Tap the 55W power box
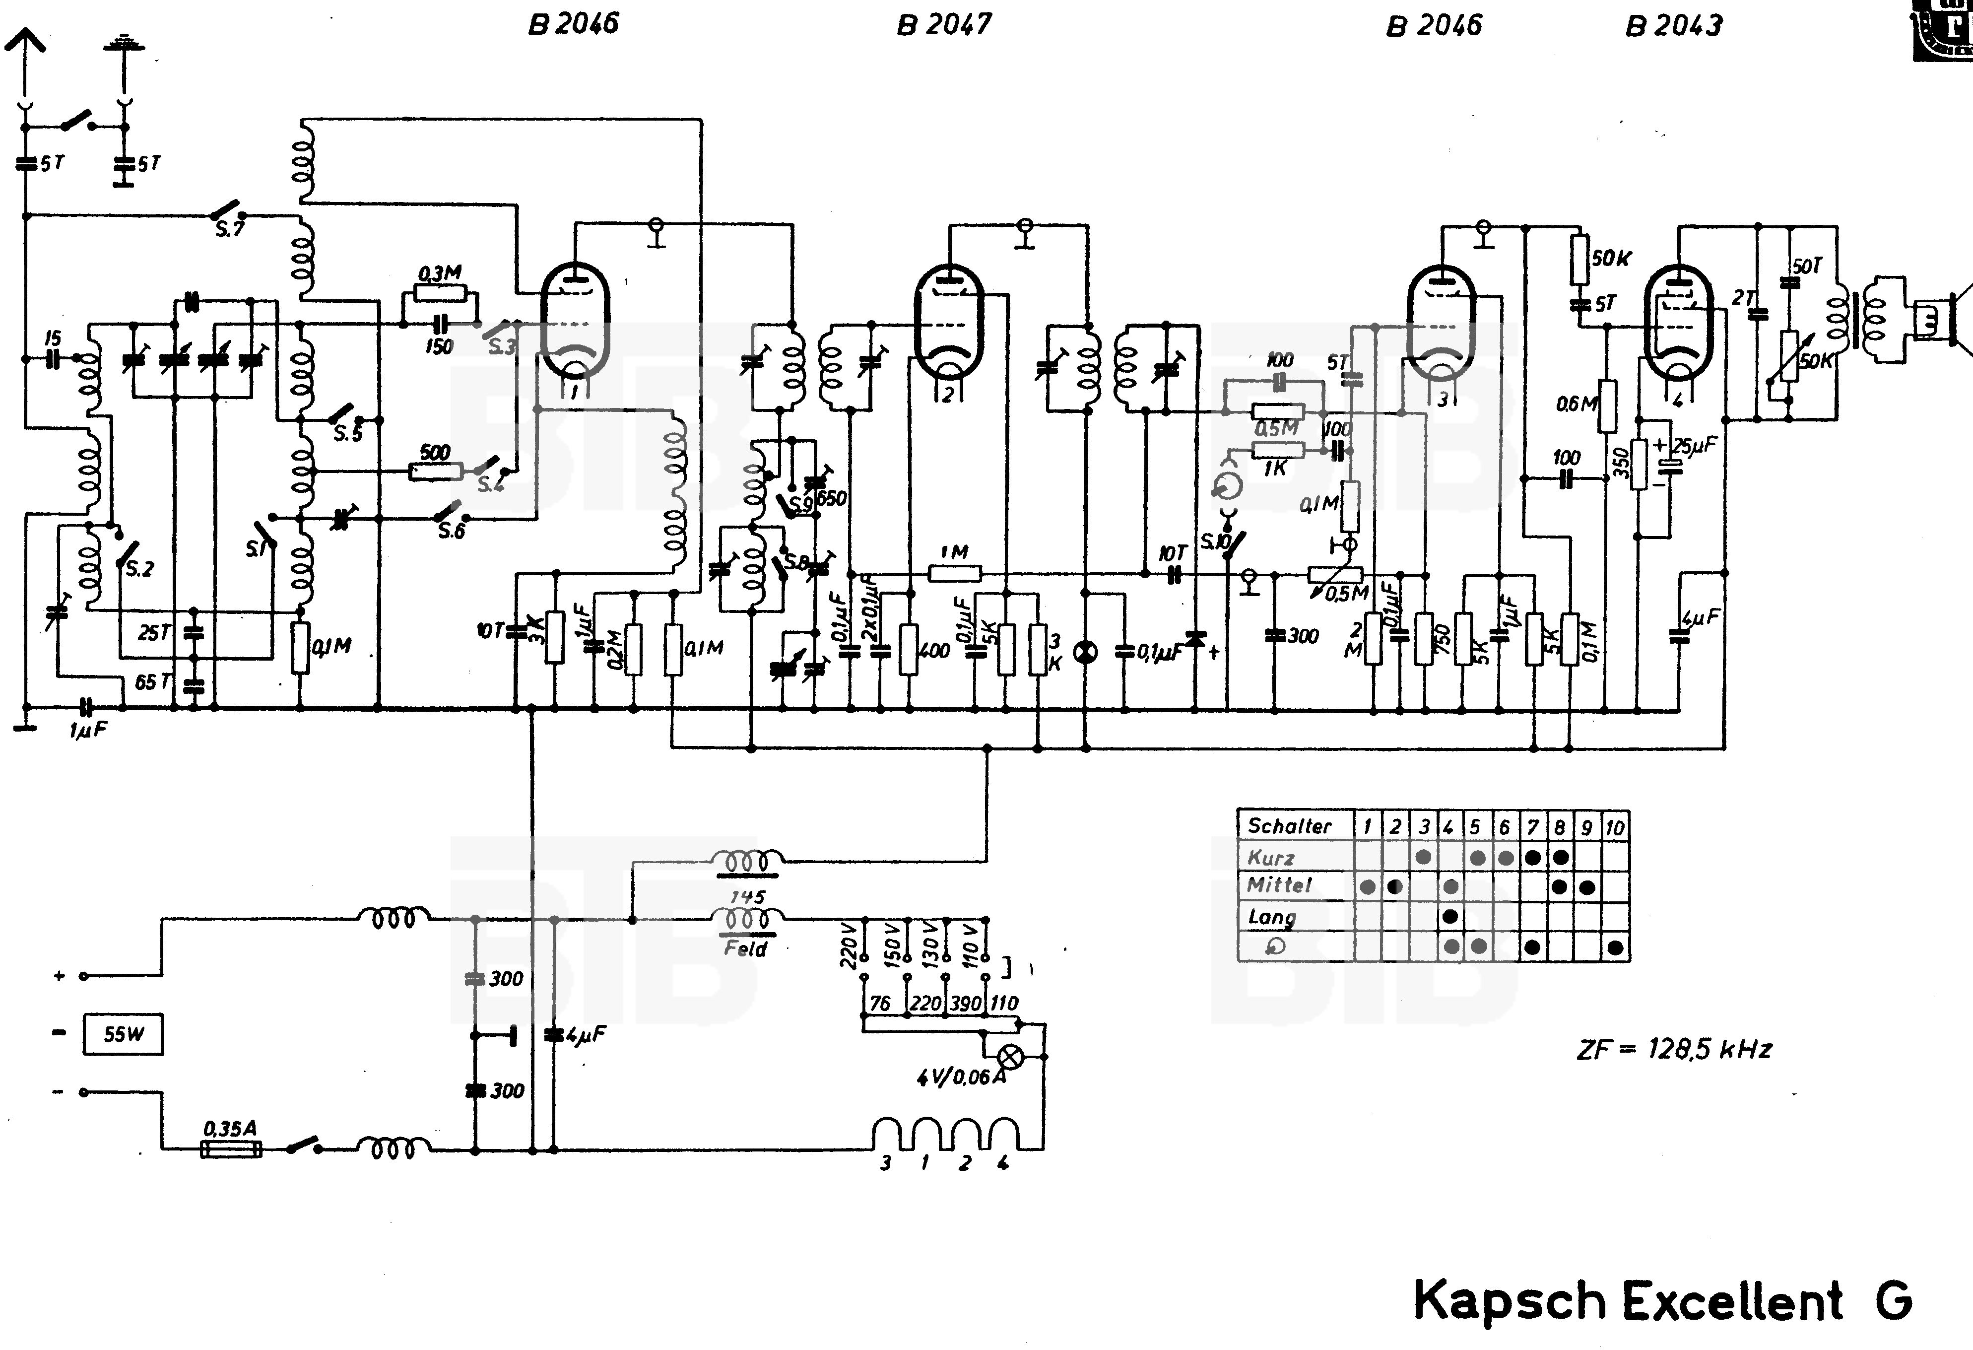(x=123, y=1034)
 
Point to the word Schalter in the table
(x=1289, y=825)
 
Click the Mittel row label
(x=1279, y=885)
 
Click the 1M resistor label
(x=954, y=552)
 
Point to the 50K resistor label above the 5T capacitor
(x=1610, y=258)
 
